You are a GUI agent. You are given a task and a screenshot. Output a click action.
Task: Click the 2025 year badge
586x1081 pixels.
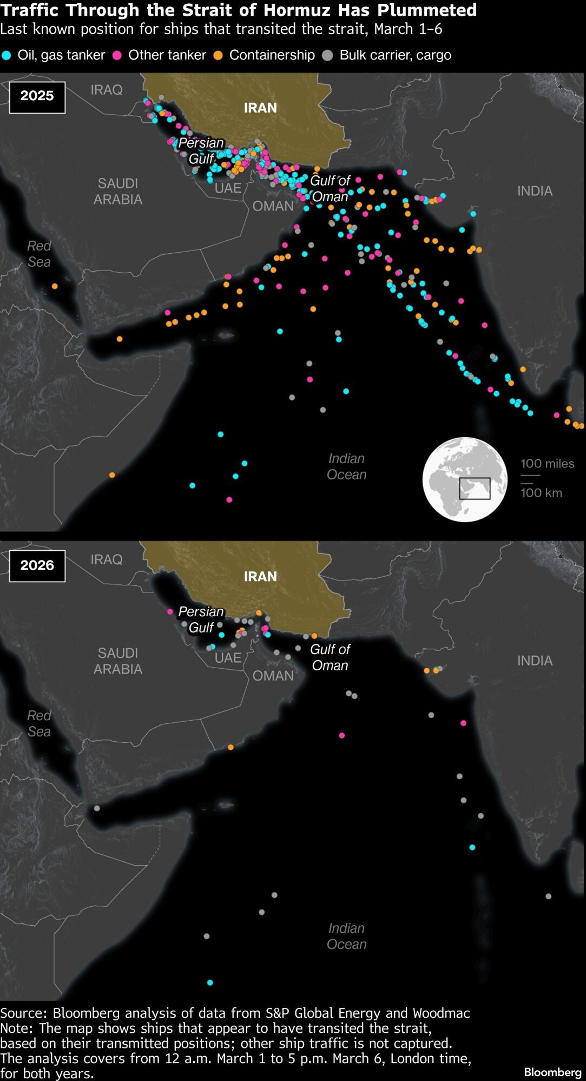pyautogui.click(x=37, y=97)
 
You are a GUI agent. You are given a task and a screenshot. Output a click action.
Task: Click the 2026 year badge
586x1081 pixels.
pyautogui.click(x=37, y=566)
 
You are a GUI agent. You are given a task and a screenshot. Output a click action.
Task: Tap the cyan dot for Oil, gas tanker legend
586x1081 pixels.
pyautogui.click(x=6, y=55)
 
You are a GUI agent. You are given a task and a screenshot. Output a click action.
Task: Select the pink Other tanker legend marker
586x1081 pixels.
pyautogui.click(x=117, y=55)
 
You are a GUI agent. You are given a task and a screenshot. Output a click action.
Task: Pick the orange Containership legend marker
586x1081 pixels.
pyautogui.click(x=219, y=55)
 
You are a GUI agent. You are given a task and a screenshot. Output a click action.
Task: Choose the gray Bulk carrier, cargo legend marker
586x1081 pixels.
pyautogui.click(x=327, y=55)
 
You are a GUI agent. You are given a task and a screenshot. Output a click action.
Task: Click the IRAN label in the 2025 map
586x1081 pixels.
pyautogui.click(x=260, y=108)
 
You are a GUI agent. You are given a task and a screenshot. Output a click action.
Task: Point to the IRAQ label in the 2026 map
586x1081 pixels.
pyautogui.click(x=107, y=559)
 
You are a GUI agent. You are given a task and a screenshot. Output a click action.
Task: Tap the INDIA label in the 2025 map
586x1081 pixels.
pyautogui.click(x=535, y=191)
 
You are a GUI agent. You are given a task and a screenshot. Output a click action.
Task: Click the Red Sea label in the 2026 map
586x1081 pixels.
pyautogui.click(x=39, y=723)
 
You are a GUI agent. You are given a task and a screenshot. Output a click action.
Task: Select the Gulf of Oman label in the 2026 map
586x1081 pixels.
pyautogui.click(x=330, y=657)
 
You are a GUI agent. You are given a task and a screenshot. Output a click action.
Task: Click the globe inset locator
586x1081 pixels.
pyautogui.click(x=465, y=479)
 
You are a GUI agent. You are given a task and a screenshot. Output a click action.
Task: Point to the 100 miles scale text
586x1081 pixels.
pyautogui.click(x=547, y=464)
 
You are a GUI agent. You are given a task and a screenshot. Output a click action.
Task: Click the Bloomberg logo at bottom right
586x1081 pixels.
pyautogui.click(x=552, y=1072)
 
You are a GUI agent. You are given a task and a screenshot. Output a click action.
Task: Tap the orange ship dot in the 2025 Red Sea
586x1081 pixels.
pyautogui.click(x=55, y=286)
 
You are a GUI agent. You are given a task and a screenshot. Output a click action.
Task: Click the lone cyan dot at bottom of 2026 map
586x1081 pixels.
pyautogui.click(x=210, y=983)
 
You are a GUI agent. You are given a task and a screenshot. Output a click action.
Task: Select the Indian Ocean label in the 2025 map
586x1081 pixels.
pyautogui.click(x=346, y=466)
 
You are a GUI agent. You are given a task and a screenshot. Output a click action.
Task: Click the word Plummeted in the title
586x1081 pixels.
pyautogui.click(x=425, y=10)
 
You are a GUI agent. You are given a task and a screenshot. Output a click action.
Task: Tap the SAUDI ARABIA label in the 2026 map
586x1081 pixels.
pyautogui.click(x=118, y=661)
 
